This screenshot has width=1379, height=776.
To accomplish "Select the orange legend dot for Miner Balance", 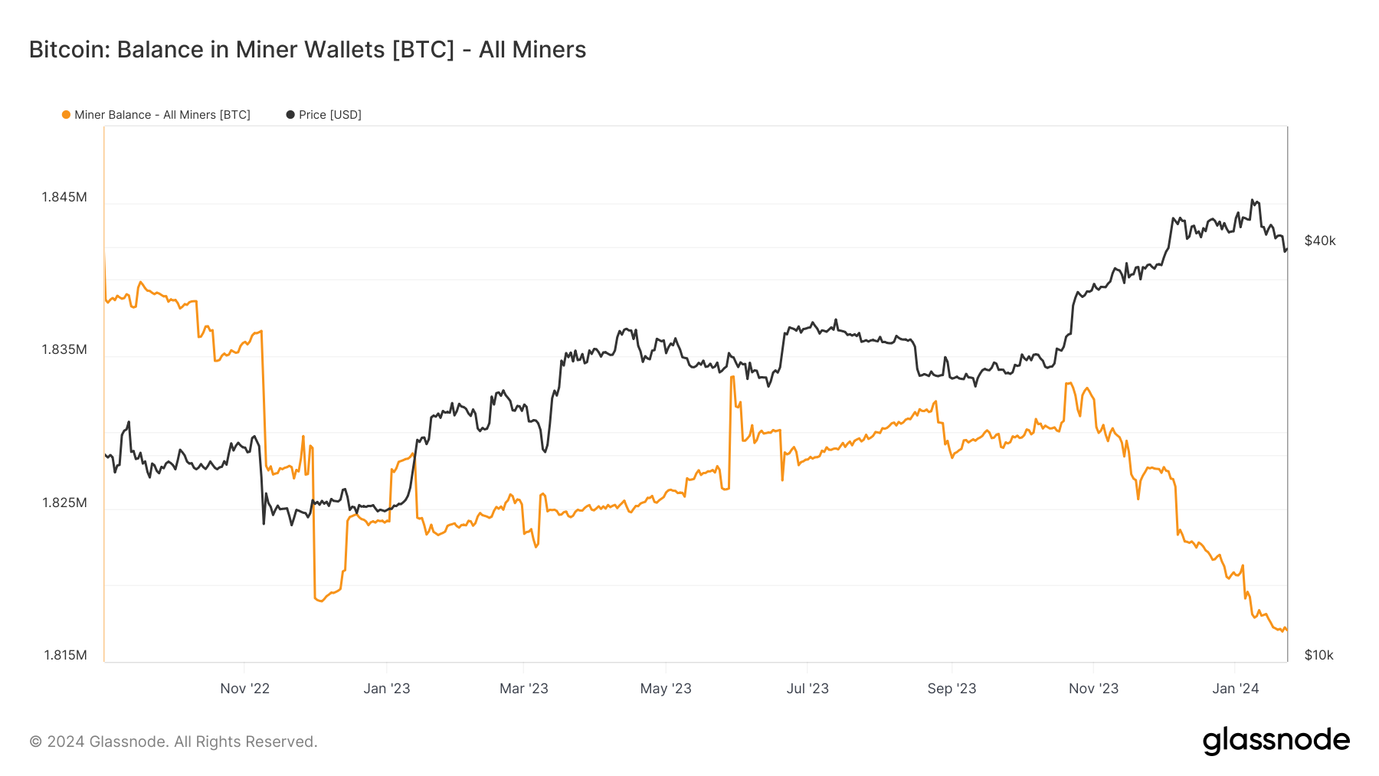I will (x=66, y=115).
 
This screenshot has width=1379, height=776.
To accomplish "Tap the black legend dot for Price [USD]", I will (x=290, y=115).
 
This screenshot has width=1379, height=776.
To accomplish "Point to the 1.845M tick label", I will (x=64, y=197).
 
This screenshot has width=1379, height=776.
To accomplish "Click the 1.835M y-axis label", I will (x=64, y=349).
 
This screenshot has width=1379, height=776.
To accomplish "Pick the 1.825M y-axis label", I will (x=64, y=503).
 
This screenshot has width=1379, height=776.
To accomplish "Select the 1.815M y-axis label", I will (x=65, y=655).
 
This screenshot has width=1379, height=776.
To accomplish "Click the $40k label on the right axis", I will (x=1320, y=241).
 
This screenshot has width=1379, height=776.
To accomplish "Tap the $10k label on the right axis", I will (x=1319, y=655).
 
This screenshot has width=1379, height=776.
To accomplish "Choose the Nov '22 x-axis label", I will (x=245, y=689).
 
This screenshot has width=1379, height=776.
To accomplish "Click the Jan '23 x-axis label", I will (x=387, y=689).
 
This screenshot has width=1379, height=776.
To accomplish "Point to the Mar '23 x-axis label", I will (x=524, y=689).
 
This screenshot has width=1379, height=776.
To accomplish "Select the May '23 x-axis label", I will (x=666, y=689).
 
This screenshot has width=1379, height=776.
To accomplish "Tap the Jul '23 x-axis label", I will (x=807, y=689).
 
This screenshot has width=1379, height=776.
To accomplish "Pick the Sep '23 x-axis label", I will (x=952, y=689).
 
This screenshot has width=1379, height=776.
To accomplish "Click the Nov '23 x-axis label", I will (x=1093, y=689).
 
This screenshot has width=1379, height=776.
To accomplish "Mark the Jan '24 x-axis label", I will (x=1235, y=689).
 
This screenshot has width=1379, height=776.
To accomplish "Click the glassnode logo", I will (x=1276, y=741).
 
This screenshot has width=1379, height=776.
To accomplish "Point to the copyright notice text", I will (x=173, y=742).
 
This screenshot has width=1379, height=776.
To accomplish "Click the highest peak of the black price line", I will (x=1252, y=200).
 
